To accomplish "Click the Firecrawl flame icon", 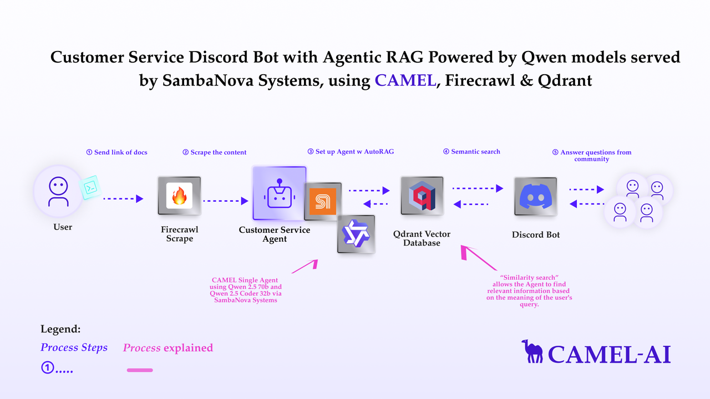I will pos(179,196).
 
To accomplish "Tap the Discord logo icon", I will pos(535,196).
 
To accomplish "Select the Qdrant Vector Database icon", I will pos(422,196).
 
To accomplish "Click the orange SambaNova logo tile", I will pos(322,201).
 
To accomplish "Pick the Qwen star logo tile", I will pos(356,234).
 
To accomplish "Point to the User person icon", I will pos(58,191).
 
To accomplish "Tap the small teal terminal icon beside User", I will pos(91,188).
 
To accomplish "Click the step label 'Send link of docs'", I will pos(117,152).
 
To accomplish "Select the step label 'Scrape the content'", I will pos(215,152).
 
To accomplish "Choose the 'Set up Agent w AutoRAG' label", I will pos(351,151).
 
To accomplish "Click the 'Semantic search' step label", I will pos(471,151).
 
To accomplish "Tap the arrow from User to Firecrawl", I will pos(123,198).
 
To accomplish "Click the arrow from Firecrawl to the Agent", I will pos(225,201).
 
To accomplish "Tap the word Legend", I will pos(60,329).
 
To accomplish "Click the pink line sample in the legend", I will pos(140,370).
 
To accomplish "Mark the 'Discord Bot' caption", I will pos(536,234).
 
